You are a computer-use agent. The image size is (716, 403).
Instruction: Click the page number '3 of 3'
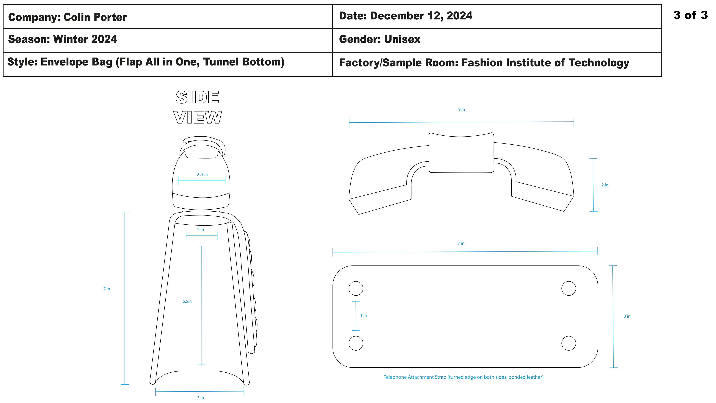[690, 15]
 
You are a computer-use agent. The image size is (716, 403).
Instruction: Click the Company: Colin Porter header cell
[168, 17]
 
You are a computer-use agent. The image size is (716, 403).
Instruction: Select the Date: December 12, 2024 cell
[497, 17]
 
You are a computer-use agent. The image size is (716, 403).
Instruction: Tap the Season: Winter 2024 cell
[168, 40]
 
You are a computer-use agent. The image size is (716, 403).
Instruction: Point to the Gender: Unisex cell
[497, 40]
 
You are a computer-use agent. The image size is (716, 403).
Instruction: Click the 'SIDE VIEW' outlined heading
[198, 107]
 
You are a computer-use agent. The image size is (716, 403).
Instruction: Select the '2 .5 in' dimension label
[202, 175]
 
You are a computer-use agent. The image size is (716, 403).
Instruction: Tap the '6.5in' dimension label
[187, 301]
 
